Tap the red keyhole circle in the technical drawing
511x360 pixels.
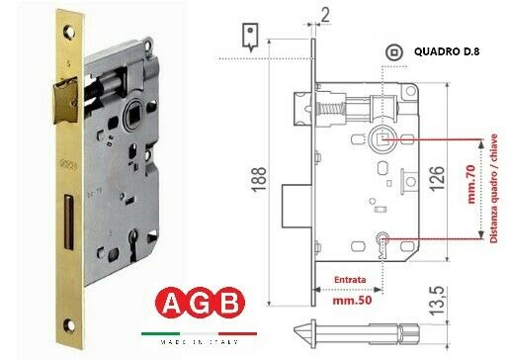tap(383, 237)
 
